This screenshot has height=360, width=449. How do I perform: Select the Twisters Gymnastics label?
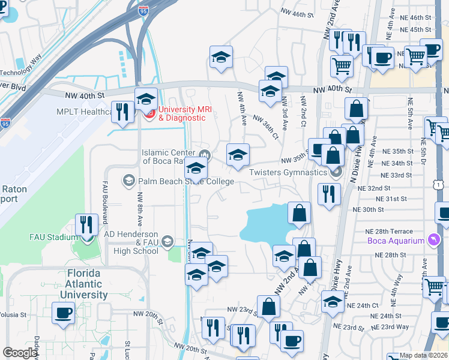click(x=288, y=172)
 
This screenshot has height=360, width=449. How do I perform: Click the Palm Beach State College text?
click(x=186, y=181)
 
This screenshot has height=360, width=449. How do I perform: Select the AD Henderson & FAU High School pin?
click(x=167, y=242)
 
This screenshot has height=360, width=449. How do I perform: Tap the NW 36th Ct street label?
click(x=266, y=127)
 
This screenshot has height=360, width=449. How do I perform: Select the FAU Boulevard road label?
click(x=104, y=196)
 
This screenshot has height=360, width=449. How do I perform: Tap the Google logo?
click(x=20, y=353)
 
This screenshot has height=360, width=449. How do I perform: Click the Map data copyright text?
click(x=423, y=355)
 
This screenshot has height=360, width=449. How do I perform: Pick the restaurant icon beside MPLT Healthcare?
click(x=123, y=112)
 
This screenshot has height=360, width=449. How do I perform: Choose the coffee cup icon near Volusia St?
click(x=63, y=312)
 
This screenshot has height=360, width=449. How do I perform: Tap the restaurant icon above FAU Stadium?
click(x=87, y=225)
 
